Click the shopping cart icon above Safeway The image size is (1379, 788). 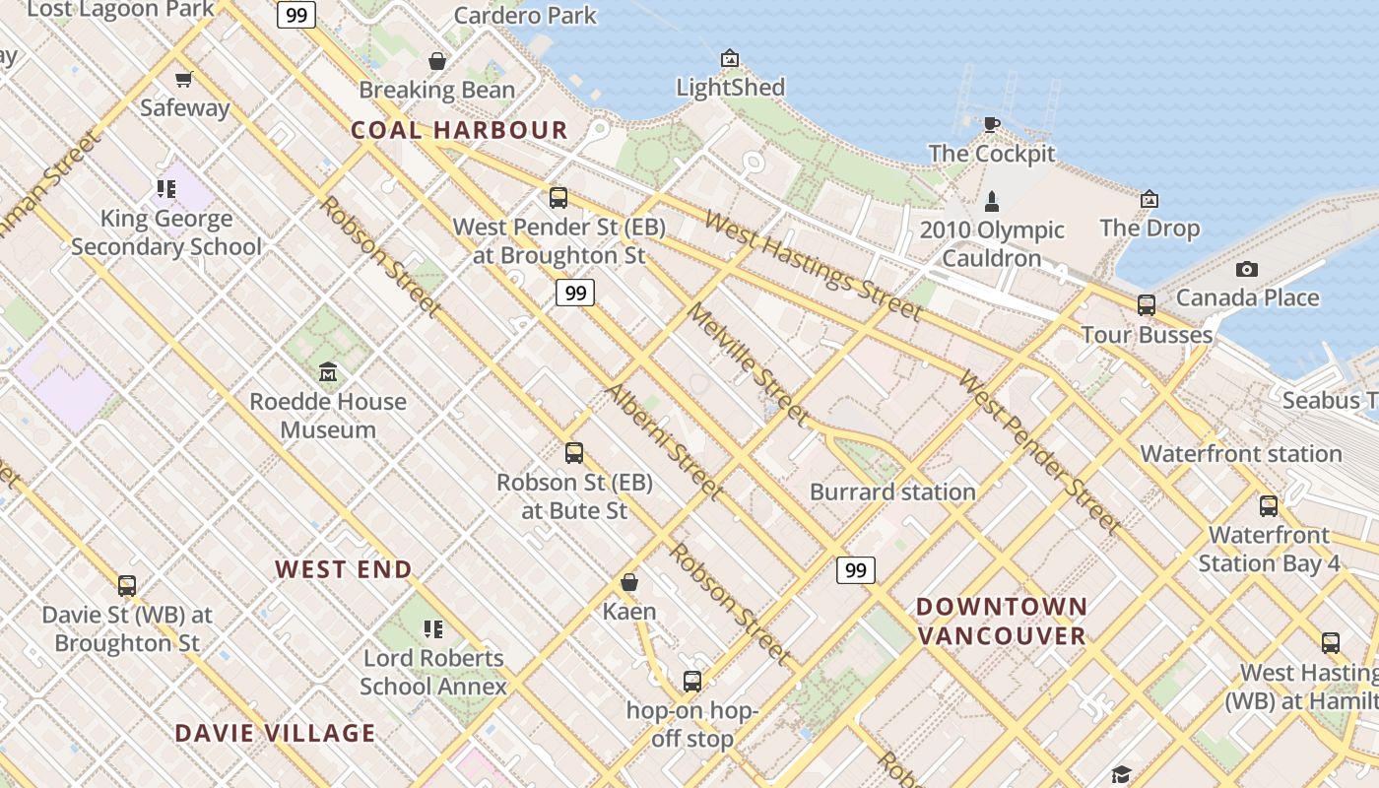[183, 79]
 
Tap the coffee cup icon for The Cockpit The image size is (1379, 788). [991, 124]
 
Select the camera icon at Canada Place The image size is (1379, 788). [1246, 269]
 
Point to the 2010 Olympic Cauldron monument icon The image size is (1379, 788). [991, 202]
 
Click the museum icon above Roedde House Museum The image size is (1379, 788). [327, 372]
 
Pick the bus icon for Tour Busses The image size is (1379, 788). [1146, 305]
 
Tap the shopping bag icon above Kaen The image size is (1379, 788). [629, 582]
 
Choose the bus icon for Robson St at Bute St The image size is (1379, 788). [574, 453]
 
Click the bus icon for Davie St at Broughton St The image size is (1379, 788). [127, 586]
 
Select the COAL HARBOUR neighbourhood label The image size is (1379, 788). [460, 130]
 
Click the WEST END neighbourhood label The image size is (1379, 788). [344, 569]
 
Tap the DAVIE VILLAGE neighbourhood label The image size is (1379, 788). [275, 733]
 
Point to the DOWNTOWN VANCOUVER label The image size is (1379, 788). [1002, 621]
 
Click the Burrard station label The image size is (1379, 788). [892, 492]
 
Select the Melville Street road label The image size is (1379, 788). [748, 364]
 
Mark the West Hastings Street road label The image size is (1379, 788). [814, 266]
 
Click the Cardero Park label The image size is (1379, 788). [525, 15]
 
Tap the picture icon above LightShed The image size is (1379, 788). [729, 58]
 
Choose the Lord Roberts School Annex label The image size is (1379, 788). [433, 672]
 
